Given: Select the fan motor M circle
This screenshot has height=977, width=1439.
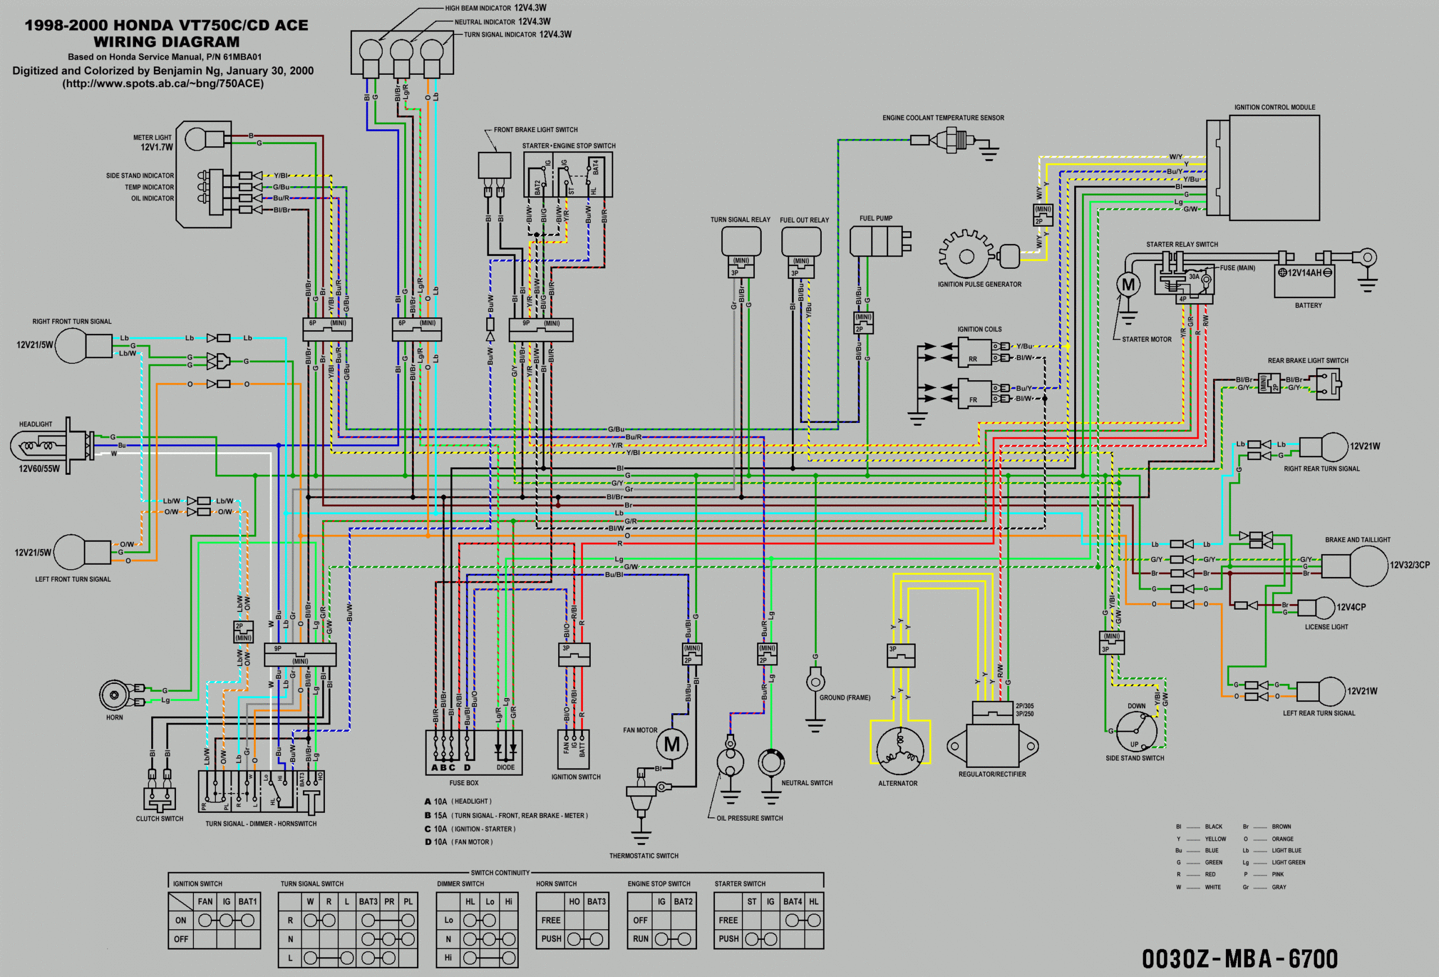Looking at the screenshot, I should (672, 744).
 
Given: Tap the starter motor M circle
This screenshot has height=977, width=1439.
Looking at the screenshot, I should (1128, 285).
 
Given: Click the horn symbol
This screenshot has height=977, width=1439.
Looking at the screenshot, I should (115, 695).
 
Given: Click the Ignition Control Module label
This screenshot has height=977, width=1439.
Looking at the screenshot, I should (1274, 107).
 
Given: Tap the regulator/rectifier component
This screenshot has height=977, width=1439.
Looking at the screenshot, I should (993, 744).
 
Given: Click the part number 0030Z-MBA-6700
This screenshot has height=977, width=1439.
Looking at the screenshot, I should (1239, 958).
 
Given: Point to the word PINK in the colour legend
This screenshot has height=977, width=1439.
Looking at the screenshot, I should (1278, 874).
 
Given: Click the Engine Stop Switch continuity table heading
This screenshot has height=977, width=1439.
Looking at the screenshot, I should (659, 884).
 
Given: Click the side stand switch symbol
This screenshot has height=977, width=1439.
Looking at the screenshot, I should (1136, 731).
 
